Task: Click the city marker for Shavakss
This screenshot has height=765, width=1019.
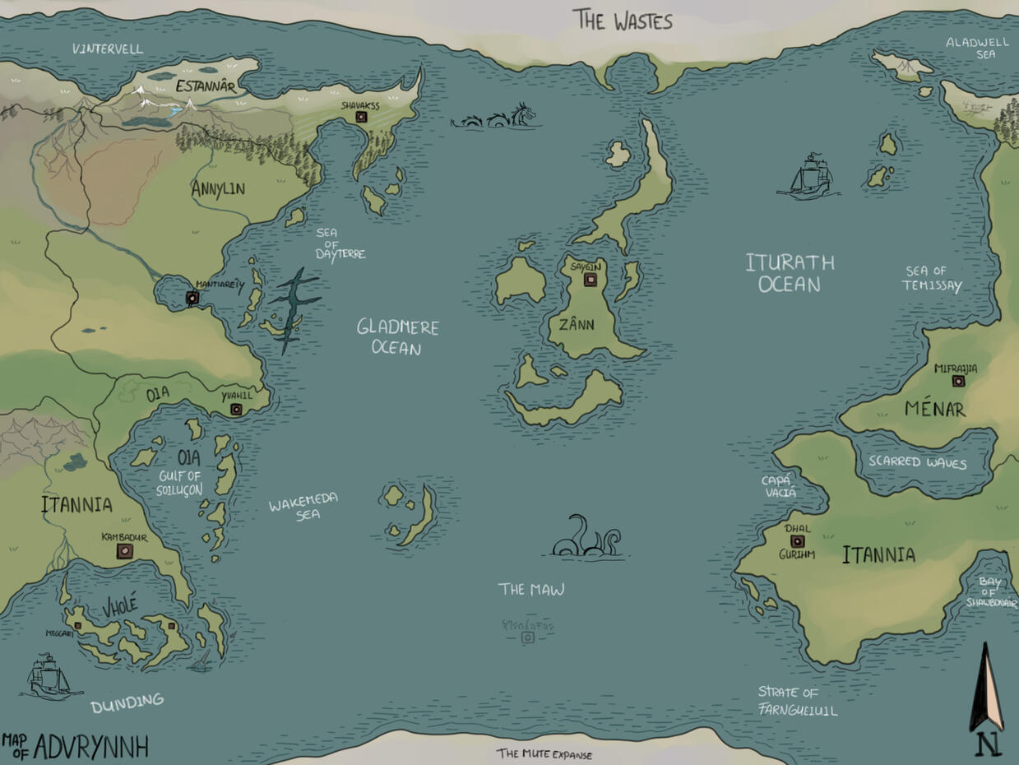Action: (361, 118)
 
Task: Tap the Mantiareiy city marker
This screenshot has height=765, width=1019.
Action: (192, 298)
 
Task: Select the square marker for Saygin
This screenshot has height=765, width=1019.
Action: (590, 280)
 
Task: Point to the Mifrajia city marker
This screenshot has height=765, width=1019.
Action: (957, 381)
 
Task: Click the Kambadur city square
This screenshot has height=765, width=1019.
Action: (124, 551)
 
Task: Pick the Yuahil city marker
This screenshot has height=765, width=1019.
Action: (236, 409)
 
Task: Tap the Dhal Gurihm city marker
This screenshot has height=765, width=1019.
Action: (797, 541)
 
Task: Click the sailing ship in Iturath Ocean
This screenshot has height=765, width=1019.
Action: (808, 177)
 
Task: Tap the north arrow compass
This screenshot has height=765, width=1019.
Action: (987, 699)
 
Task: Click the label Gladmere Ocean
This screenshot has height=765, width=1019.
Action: (397, 337)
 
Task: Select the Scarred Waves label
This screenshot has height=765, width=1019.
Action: (918, 462)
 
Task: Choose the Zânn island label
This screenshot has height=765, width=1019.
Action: (576, 324)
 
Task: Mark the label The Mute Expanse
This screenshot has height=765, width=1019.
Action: (544, 753)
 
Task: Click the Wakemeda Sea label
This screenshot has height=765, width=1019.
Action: (303, 506)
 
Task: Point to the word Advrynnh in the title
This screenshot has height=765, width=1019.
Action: (90, 747)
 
